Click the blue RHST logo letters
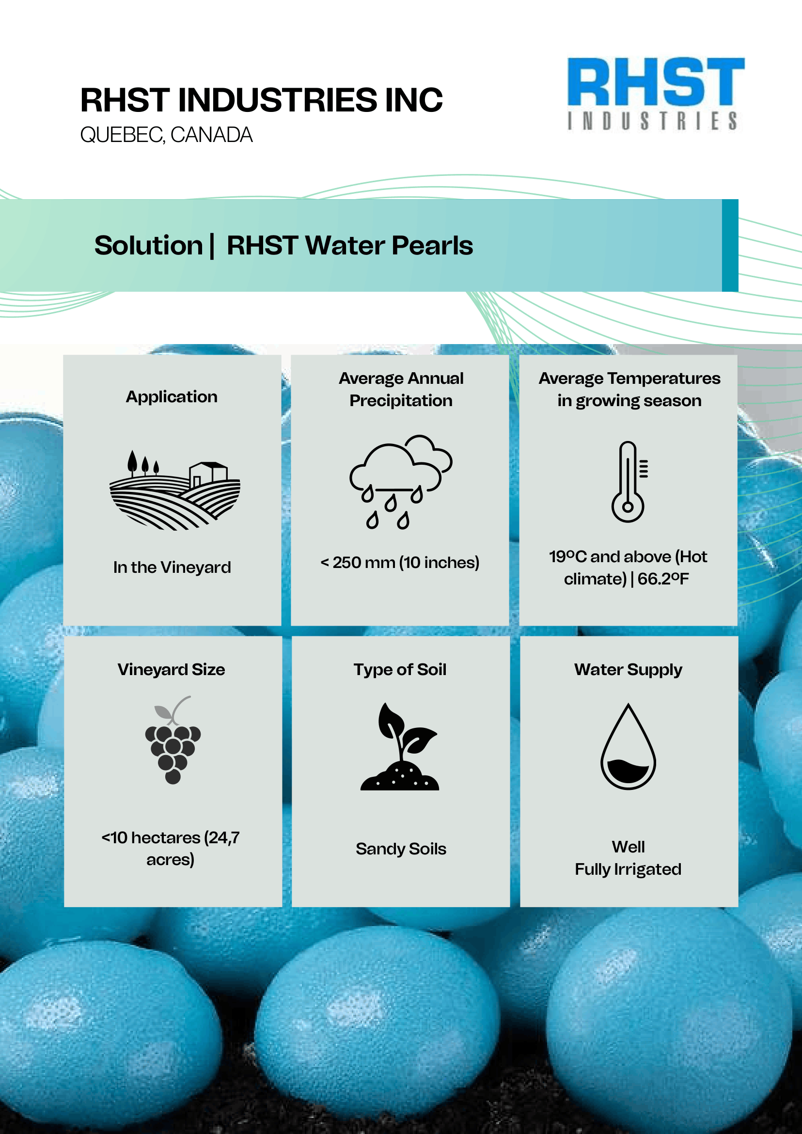[656, 81]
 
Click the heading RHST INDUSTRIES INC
[261, 100]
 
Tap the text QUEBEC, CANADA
[166, 135]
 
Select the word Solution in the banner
[148, 246]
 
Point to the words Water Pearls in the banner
[389, 246]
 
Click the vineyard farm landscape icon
[175, 489]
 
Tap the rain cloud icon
[400, 482]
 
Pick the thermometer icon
[629, 482]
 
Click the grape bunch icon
[173, 740]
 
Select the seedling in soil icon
[399, 746]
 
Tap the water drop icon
[628, 746]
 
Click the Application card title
[172, 396]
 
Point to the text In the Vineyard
[172, 567]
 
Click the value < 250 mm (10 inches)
[400, 563]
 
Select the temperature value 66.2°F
[663, 578]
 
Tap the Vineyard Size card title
[172, 669]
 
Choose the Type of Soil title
[400, 670]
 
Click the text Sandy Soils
[401, 849]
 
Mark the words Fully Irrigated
[628, 869]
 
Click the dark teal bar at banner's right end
[730, 246]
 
